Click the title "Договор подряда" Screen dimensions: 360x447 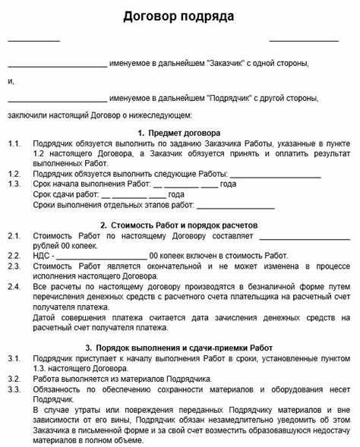pos(179,16)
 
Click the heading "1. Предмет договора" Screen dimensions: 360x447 pos(179,132)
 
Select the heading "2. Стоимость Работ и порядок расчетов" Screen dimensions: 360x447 pos(179,225)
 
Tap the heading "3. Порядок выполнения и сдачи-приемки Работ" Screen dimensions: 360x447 pos(179,346)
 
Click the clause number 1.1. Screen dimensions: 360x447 pos(14,143)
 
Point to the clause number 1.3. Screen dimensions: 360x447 pos(14,184)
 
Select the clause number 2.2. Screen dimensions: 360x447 pos(14,255)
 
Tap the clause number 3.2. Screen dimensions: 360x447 pos(14,377)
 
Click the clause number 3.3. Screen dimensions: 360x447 pos(14,388)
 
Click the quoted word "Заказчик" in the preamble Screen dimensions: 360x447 pos(224,64)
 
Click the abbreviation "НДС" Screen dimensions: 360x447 pos(43,255)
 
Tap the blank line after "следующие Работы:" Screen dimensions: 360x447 pos(280,175)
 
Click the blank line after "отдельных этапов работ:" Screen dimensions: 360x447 pos(236,206)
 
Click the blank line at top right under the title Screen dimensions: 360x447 pos(304,39)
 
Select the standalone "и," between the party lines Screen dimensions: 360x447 pos(11,81)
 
